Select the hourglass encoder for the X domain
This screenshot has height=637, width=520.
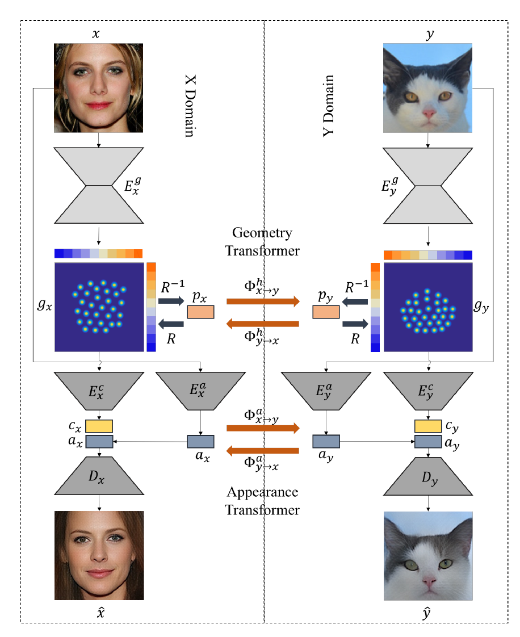99,186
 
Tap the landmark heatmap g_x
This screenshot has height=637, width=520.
99,307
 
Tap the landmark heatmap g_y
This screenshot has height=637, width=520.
428,307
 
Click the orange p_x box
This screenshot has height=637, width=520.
200,312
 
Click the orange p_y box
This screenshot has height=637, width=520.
326,312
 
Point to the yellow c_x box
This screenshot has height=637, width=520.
99,426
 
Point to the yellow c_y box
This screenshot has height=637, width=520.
428,426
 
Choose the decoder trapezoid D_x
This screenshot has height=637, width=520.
99,475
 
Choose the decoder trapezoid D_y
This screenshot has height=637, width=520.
428,475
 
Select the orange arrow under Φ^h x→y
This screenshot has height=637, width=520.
262,301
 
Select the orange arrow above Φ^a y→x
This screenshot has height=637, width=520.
262,451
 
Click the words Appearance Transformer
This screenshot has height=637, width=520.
262,500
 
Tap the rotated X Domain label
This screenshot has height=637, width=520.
189,105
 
